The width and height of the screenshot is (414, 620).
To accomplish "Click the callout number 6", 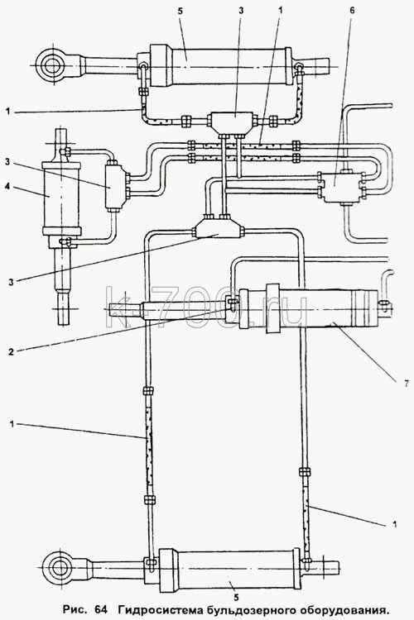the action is coord(352,10).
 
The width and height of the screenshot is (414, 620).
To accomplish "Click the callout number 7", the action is coord(406,384).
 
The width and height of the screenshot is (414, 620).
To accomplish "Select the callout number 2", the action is coord(11,351).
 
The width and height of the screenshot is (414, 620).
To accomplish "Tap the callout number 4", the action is coord(7,185).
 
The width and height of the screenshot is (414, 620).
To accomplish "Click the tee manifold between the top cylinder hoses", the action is coord(231,122).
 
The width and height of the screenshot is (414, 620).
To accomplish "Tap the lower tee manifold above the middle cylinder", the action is coord(218,229).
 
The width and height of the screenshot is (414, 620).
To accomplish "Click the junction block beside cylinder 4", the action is coord(116,187).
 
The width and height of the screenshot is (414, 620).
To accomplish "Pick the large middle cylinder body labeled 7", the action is coord(308,308).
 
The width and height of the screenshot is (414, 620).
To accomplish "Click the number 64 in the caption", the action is coord(101,609).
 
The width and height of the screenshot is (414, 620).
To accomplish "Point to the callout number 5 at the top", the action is coord(181,11).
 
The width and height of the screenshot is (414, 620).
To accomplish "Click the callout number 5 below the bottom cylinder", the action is coord(236,596).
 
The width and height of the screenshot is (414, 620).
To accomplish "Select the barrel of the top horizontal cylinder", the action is coord(221,65).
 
